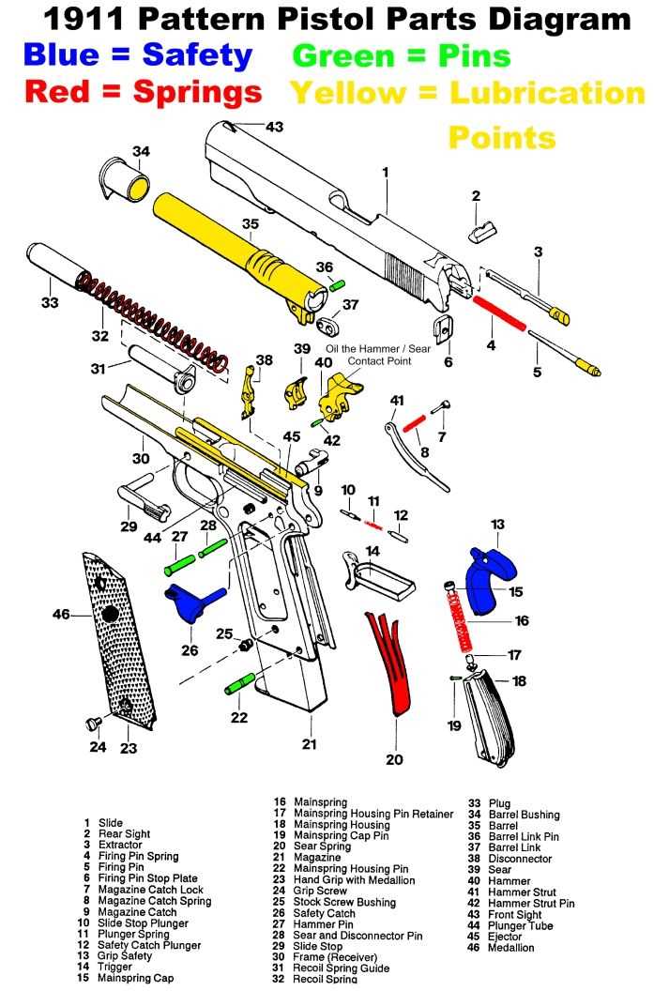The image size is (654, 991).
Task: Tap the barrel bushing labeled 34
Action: tap(129, 181)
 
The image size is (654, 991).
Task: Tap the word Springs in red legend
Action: tap(197, 92)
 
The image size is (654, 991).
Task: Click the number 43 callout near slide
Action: tap(274, 126)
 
